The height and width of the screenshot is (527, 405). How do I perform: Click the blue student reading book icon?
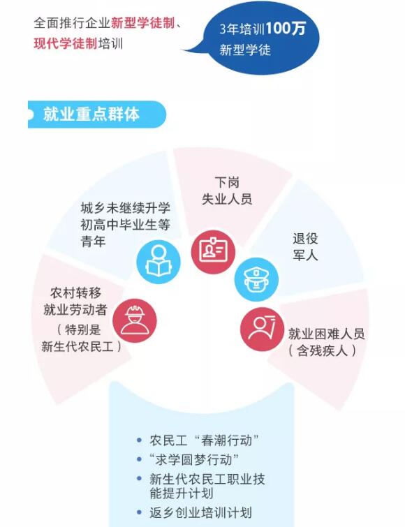tap(159, 262)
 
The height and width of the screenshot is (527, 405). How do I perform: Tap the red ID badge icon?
tap(213, 252)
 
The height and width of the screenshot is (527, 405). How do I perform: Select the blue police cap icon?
tap(256, 279)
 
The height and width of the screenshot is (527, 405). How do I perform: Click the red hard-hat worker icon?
tap(135, 320)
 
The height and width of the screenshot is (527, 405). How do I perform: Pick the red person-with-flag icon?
tap(262, 329)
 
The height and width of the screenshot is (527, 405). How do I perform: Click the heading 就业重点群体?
tap(91, 114)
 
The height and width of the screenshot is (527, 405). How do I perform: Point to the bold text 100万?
tap(286, 28)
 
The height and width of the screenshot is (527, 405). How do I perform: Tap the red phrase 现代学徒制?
tap(66, 44)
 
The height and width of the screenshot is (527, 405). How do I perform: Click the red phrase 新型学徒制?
tap(143, 23)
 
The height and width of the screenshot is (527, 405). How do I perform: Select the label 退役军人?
tap(305, 247)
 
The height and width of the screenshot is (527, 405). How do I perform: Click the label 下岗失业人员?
tap(227, 191)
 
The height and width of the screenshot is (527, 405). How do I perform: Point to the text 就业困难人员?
tap(326, 334)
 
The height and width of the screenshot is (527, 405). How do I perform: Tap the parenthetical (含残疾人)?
tap(322, 351)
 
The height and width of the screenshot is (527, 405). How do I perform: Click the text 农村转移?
tap(76, 293)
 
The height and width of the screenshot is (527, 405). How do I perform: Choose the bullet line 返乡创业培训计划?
tap(200, 513)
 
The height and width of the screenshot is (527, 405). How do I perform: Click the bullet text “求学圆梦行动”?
tap(194, 460)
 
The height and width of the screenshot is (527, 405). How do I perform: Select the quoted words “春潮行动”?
tap(226, 440)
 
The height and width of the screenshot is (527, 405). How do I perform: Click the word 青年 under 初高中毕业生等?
tap(93, 242)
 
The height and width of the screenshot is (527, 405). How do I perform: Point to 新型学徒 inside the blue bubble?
tap(245, 50)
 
